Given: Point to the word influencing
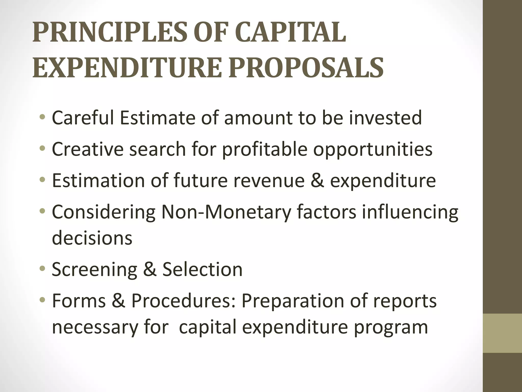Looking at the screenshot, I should coord(410,213).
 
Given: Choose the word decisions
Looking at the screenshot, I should coord(92,238).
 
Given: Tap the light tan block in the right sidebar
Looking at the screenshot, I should coord(502,333).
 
